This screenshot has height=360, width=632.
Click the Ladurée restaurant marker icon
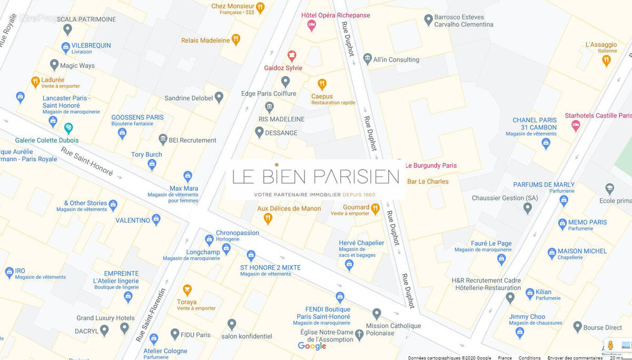coord(35,82)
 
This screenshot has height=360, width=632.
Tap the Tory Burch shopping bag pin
coord(152,165)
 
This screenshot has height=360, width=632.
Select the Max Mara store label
coord(183,188)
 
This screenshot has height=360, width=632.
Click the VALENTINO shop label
coord(133,220)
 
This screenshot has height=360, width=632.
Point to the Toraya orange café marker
coord(187,290)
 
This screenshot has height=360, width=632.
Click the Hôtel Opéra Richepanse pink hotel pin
coord(311,25)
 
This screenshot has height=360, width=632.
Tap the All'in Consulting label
coord(396,59)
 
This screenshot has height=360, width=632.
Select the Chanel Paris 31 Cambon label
coord(535,124)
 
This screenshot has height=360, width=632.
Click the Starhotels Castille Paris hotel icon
coord(576,125)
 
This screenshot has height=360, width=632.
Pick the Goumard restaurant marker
coord(375,209)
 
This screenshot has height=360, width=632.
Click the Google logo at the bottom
coord(312,346)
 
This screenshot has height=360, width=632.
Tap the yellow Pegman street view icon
coord(610,345)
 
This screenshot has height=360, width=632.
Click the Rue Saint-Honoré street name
coord(86,160)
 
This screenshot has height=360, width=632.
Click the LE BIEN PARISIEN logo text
coord(315,177)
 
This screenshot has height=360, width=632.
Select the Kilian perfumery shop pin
coord(529,293)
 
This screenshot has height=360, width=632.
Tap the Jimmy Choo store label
coord(527,316)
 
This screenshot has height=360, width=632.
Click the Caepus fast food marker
coord(322,84)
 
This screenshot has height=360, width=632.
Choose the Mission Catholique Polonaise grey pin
coord(377,314)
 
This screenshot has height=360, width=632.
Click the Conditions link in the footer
coord(529,357)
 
